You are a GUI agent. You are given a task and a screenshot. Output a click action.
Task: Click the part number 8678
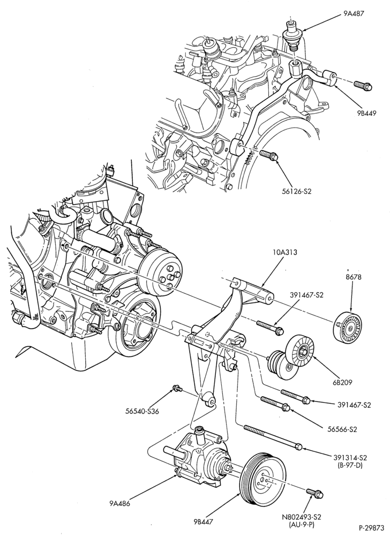point(351,277)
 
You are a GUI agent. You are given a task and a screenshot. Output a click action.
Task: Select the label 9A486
point(120,503)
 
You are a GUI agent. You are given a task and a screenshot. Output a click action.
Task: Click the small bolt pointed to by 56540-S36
point(177,388)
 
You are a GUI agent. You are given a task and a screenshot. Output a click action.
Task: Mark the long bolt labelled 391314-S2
point(273,436)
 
